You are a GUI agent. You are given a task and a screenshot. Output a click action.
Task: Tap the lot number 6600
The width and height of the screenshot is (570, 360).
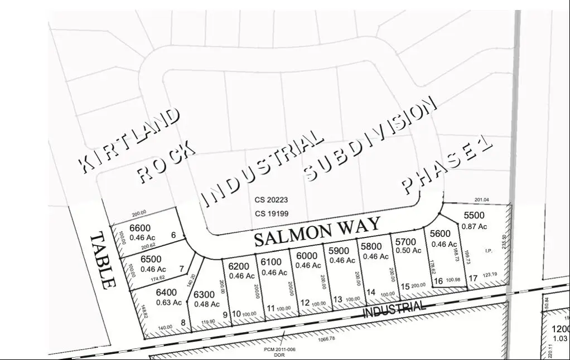click(x=140, y=228)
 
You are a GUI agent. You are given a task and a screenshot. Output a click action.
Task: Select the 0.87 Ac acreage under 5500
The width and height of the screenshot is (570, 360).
click(x=475, y=226)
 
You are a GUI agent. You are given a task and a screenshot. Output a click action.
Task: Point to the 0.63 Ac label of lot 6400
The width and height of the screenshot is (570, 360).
click(x=169, y=303)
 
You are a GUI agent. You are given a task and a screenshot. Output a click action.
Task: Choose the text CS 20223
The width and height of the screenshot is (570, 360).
click(x=272, y=200)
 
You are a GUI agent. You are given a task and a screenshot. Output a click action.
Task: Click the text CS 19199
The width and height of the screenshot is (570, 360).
click(x=272, y=213)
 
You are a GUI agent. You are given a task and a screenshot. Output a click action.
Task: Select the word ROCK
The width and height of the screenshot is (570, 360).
click(x=166, y=162)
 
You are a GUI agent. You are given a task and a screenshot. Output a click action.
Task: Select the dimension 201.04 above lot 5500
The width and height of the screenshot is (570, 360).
click(x=481, y=200)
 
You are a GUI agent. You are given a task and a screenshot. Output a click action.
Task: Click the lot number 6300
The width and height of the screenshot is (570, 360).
click(x=204, y=295)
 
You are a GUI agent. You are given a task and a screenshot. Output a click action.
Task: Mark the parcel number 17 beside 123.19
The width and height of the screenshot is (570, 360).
click(x=472, y=278)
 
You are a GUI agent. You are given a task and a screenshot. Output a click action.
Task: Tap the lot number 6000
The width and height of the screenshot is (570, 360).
click(x=306, y=256)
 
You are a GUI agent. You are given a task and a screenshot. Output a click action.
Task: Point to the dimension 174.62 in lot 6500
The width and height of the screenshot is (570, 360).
click(x=155, y=278)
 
